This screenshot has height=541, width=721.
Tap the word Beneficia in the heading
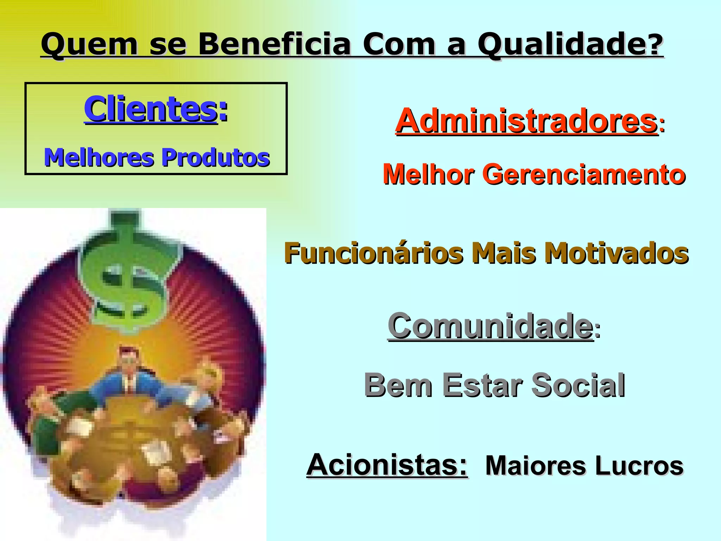(275, 44)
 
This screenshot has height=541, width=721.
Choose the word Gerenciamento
(584, 174)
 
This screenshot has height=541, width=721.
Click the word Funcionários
(374, 253)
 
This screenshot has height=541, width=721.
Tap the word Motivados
(616, 253)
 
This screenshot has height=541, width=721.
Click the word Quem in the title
(89, 44)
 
